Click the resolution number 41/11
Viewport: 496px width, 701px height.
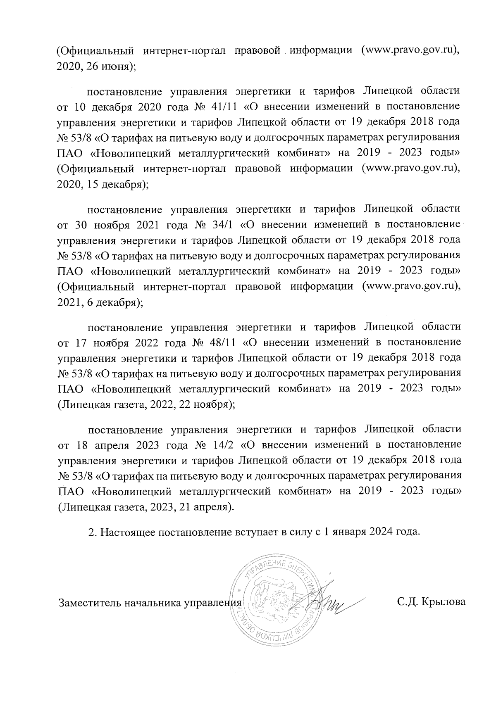tap(223, 106)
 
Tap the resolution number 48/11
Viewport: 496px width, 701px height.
tap(223, 342)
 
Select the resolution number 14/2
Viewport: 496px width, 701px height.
tap(222, 445)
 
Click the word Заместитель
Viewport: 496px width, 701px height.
tap(85, 603)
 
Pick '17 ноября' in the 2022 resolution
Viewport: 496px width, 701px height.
tap(100, 342)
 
